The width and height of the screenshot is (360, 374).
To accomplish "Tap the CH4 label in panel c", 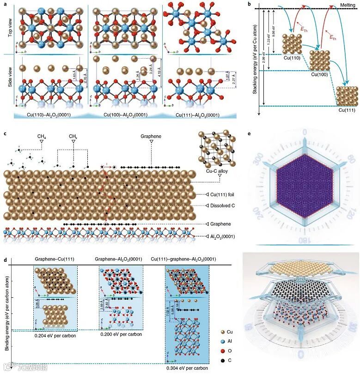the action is point(41,137).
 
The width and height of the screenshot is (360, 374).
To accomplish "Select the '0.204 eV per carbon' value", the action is point(55,336).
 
